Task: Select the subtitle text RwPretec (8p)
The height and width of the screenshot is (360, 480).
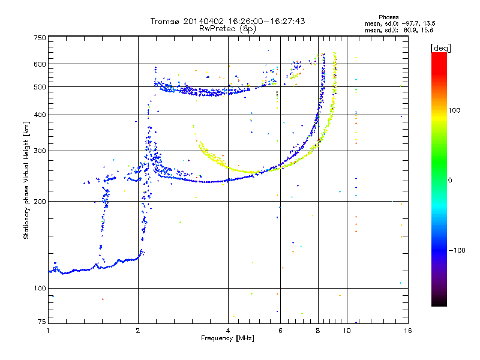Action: pyautogui.click(x=227, y=29)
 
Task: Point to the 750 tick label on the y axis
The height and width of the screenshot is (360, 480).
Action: pyautogui.click(x=40, y=38)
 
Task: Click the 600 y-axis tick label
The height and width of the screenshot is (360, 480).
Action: pyautogui.click(x=40, y=64)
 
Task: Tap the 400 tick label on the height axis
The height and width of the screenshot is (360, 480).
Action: pyautogui.click(x=40, y=115)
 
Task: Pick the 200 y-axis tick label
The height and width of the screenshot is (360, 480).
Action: pyautogui.click(x=40, y=202)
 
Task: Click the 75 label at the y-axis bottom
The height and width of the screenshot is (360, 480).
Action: pyautogui.click(x=42, y=322)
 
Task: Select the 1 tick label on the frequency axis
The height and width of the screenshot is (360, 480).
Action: pyautogui.click(x=48, y=331)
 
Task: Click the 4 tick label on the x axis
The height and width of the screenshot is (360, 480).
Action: pyautogui.click(x=228, y=331)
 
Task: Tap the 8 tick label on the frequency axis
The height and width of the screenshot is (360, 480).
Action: pyautogui.click(x=318, y=331)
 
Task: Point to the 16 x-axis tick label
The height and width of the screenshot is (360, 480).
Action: pyautogui.click(x=408, y=331)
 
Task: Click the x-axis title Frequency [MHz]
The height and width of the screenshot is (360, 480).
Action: pyautogui.click(x=227, y=338)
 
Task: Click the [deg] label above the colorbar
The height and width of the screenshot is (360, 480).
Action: pyautogui.click(x=440, y=49)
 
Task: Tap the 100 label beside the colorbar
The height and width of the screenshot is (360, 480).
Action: pyautogui.click(x=454, y=110)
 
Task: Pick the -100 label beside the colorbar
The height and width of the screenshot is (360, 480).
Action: pyautogui.click(x=457, y=250)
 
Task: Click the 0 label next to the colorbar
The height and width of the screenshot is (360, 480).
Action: pyautogui.click(x=450, y=181)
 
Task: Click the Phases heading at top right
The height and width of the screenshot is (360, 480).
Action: pyautogui.click(x=388, y=17)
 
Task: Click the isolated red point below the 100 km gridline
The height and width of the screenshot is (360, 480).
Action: pyautogui.click(x=103, y=299)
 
